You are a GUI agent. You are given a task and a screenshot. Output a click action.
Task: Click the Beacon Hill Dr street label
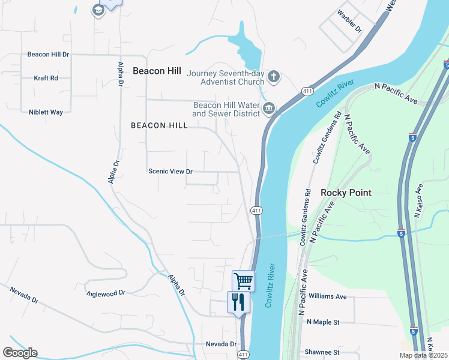pyautogui.click(x=48, y=54)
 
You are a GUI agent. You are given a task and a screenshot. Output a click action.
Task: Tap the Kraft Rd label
pyautogui.click(x=46, y=78)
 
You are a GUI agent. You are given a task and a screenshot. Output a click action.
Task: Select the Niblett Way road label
pyautogui.click(x=46, y=112)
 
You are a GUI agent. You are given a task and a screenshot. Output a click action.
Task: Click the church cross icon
pyautogui.click(x=274, y=76)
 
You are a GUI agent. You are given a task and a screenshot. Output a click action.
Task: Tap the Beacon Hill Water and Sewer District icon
pyautogui.click(x=269, y=109)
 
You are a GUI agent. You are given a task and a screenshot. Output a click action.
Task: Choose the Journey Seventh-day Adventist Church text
pyautogui.click(x=225, y=77)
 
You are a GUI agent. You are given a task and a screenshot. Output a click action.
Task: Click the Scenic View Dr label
pyautogui.click(x=170, y=171)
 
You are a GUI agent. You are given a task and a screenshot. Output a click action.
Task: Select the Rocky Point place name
pyautogui.click(x=346, y=193)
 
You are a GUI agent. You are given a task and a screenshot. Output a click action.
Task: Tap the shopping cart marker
pyautogui.click(x=243, y=280)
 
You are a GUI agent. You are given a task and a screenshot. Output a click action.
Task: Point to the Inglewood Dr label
pyautogui.click(x=106, y=293)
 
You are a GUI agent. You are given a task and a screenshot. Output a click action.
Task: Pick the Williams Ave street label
pyautogui.click(x=327, y=296)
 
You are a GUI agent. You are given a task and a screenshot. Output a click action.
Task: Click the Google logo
pyautogui.click(x=20, y=353)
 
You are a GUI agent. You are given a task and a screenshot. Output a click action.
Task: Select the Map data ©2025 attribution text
pyautogui.click(x=423, y=355)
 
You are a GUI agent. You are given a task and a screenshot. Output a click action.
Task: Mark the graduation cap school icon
pyautogui.click(x=98, y=10)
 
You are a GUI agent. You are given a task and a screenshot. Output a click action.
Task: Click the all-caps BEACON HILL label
pyautogui.click(x=159, y=125)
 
